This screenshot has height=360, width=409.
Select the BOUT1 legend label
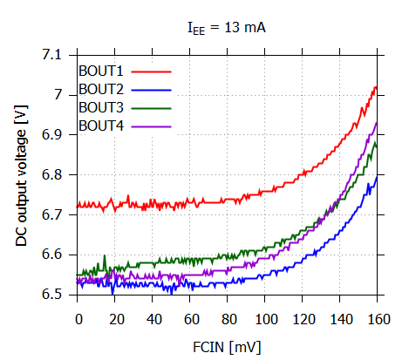click(101, 70)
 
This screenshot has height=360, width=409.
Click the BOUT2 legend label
click(101, 89)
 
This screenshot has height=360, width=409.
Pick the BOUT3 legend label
click(101, 107)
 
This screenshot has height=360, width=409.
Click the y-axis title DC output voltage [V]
click(22, 175)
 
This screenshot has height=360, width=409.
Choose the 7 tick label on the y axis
click(58, 94)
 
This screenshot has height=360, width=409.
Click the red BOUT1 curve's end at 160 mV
click(376, 86)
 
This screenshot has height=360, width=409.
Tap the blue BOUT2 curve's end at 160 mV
click(376, 177)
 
